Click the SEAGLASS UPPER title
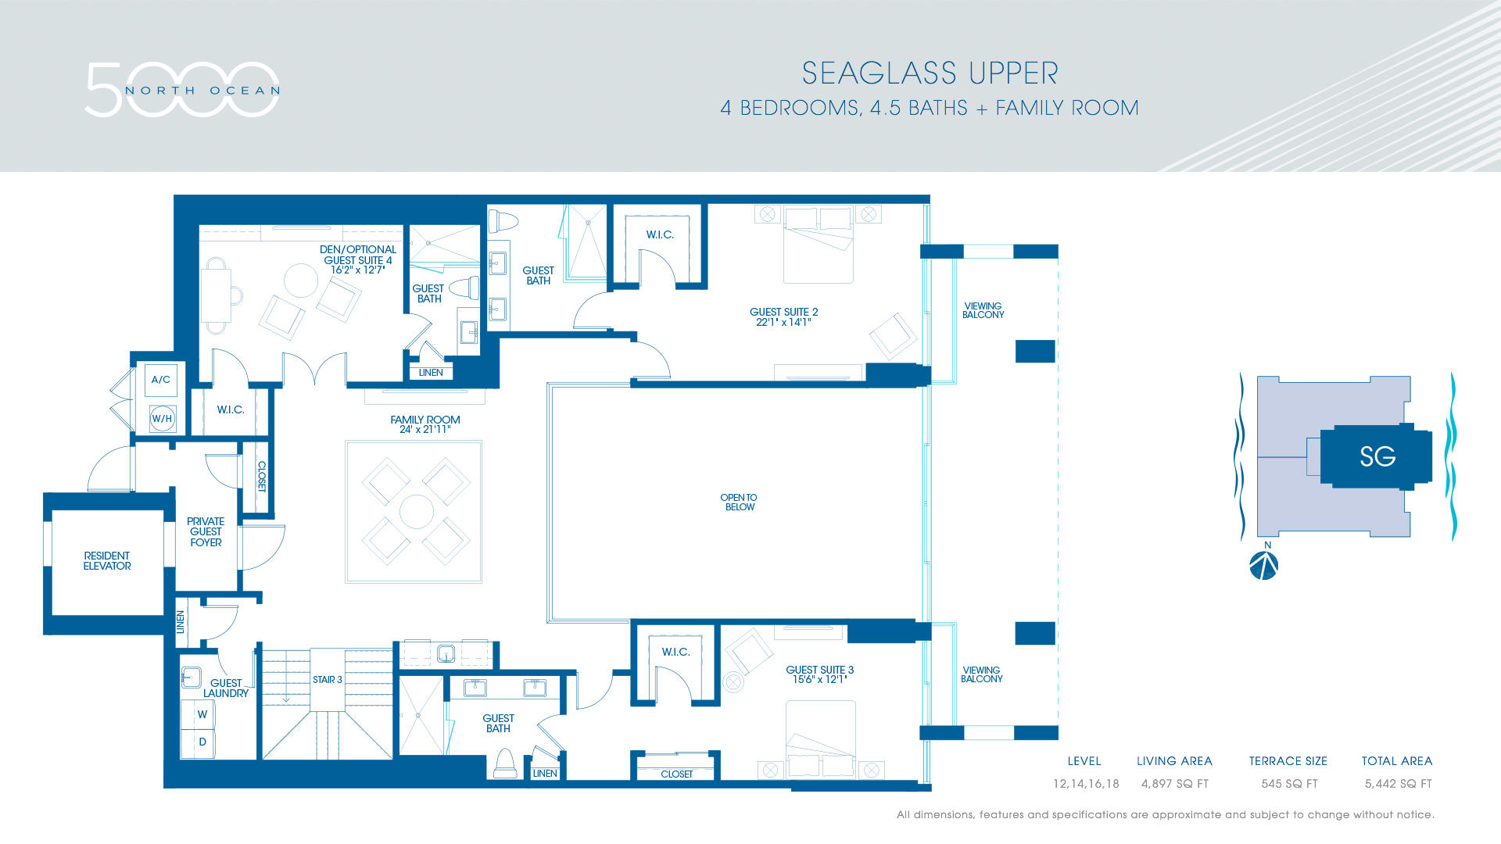pyautogui.click(x=930, y=73)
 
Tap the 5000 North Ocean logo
pyautogui.click(x=181, y=90)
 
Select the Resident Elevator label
pyautogui.click(x=107, y=561)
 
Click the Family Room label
pyautogui.click(x=425, y=420)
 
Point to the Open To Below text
pyautogui.click(x=739, y=502)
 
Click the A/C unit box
pyautogui.click(x=161, y=380)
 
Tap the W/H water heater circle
pyautogui.click(x=162, y=419)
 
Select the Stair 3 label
pyautogui.click(x=327, y=680)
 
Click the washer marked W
pyautogui.click(x=202, y=714)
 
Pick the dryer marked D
pyautogui.click(x=202, y=742)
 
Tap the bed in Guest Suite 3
pyautogui.click(x=820, y=738)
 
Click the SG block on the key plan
pyautogui.click(x=1377, y=456)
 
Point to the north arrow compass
pyautogui.click(x=1263, y=565)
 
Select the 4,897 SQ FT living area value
pyautogui.click(x=1174, y=784)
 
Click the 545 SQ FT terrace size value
pyautogui.click(x=1288, y=784)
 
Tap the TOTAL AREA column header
pyautogui.click(x=1396, y=761)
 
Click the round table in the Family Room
pyautogui.click(x=416, y=512)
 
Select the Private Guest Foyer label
pyautogui.click(x=206, y=532)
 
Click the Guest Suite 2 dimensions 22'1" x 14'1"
pyautogui.click(x=783, y=322)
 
